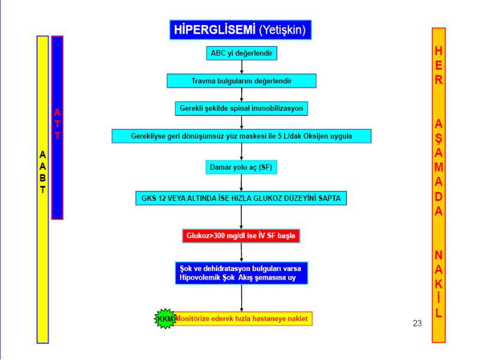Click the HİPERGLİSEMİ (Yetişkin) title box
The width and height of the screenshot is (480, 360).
point(241,29)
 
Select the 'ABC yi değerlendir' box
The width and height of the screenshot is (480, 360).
point(242,53)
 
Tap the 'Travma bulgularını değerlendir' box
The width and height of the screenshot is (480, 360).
point(242,81)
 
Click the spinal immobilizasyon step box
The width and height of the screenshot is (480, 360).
point(241,109)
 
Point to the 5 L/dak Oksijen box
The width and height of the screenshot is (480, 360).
point(242,136)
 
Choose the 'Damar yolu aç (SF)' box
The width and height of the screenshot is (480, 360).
point(241,167)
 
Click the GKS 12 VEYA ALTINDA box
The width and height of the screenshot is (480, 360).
point(241,198)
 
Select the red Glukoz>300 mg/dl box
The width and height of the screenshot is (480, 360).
point(241,236)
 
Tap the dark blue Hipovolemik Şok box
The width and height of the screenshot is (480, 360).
point(241,273)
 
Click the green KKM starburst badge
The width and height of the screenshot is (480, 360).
point(166,319)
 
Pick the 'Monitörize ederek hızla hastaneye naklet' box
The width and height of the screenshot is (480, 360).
point(242,319)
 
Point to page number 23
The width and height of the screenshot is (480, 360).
point(417,323)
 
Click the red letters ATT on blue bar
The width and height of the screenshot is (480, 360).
point(57,124)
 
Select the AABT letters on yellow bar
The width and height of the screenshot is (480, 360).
point(43,172)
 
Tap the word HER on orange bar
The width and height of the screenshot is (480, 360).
point(439,65)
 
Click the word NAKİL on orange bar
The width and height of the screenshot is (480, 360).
point(439,284)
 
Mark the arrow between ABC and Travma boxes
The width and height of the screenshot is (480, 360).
point(242,67)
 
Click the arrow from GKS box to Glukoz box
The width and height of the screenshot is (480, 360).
point(241,217)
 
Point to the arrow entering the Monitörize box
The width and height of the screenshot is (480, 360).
point(242,298)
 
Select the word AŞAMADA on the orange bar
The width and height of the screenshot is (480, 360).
point(439,167)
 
